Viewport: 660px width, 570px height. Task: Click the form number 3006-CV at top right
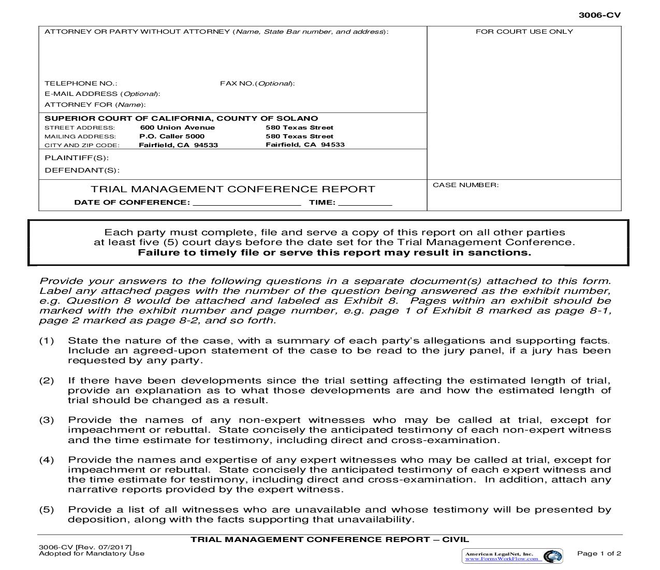point(599,15)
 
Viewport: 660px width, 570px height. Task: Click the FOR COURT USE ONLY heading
point(524,32)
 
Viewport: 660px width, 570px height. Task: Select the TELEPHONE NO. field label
point(81,83)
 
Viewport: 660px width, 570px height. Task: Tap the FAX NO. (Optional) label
point(257,83)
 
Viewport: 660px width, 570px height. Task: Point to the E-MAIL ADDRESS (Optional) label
point(102,94)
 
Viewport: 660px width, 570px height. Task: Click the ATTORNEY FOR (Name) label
point(94,105)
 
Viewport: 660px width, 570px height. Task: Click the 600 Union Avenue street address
point(178,127)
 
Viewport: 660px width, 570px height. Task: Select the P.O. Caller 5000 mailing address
point(165,136)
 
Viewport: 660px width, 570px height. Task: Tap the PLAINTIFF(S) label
point(77,158)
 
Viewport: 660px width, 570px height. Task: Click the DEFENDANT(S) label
point(82,170)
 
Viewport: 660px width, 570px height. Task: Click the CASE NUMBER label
point(465,185)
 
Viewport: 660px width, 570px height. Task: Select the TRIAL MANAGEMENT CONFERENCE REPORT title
point(233,189)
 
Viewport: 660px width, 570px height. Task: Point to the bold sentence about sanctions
point(334,253)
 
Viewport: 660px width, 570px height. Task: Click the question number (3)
point(47,420)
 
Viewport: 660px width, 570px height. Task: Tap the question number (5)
point(47,510)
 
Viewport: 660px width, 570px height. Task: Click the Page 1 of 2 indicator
point(599,553)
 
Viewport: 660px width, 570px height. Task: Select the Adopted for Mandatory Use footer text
point(92,553)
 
